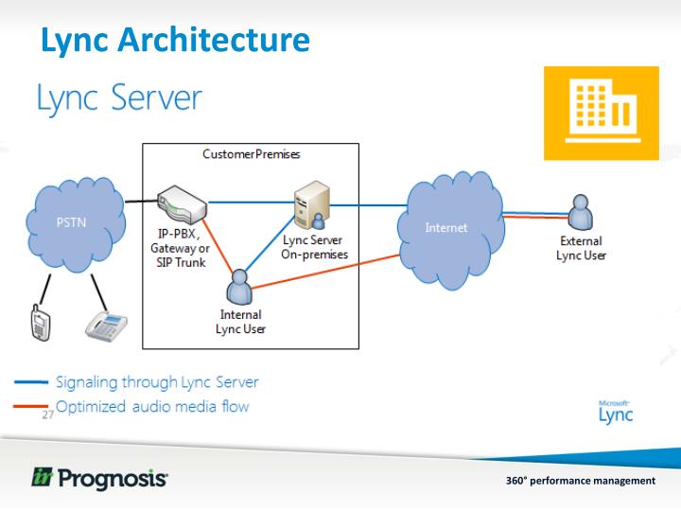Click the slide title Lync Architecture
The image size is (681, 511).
pos(176,40)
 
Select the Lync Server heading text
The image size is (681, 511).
pos(119,97)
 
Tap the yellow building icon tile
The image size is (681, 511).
pos(601,114)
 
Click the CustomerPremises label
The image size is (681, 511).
pos(252,153)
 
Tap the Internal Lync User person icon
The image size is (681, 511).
pos(240,287)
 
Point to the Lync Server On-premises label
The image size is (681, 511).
pos(315,247)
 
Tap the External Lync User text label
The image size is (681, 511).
pos(581,248)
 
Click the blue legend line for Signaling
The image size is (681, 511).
pos(31,383)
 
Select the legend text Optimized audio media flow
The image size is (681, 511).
pos(152,407)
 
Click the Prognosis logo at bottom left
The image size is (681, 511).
pos(99,479)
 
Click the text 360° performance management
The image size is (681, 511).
pos(580,481)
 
